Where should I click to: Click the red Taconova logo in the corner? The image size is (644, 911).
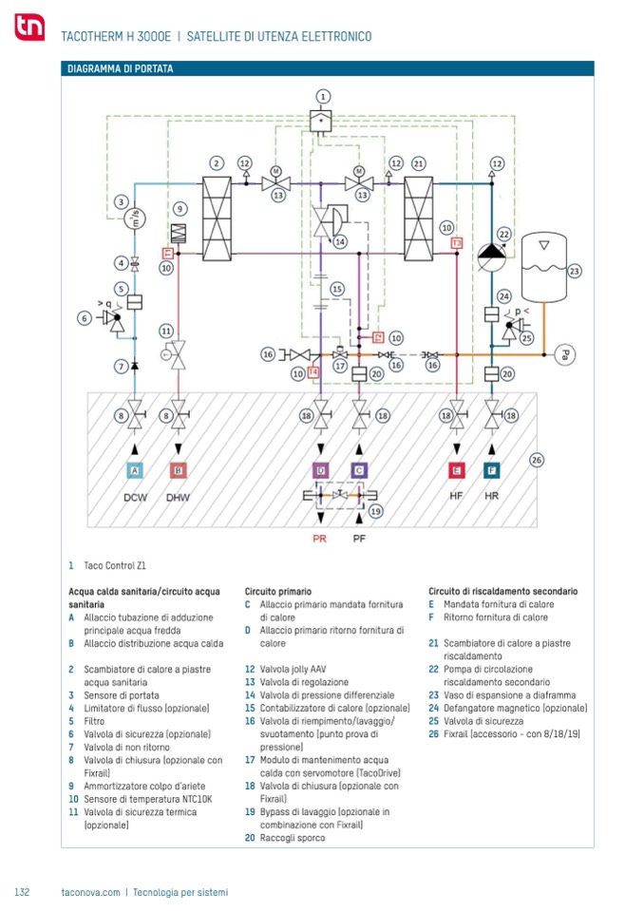[28, 28]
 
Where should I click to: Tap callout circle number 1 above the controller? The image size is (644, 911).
[322, 96]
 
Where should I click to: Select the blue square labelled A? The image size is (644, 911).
[134, 470]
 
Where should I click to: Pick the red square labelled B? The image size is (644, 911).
[178, 470]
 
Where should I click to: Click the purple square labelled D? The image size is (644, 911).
[321, 470]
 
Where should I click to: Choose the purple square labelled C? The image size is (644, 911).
[359, 470]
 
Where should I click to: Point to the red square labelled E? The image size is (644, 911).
[457, 470]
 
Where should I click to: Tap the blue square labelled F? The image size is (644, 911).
[492, 470]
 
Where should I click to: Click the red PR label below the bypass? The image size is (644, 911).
[320, 539]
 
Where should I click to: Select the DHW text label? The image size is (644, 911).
[178, 497]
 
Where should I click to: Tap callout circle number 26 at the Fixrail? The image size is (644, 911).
[538, 461]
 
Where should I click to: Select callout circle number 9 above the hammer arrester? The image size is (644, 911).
[179, 208]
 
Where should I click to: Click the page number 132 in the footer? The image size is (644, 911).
[23, 892]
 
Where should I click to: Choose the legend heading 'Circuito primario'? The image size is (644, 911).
[278, 591]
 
